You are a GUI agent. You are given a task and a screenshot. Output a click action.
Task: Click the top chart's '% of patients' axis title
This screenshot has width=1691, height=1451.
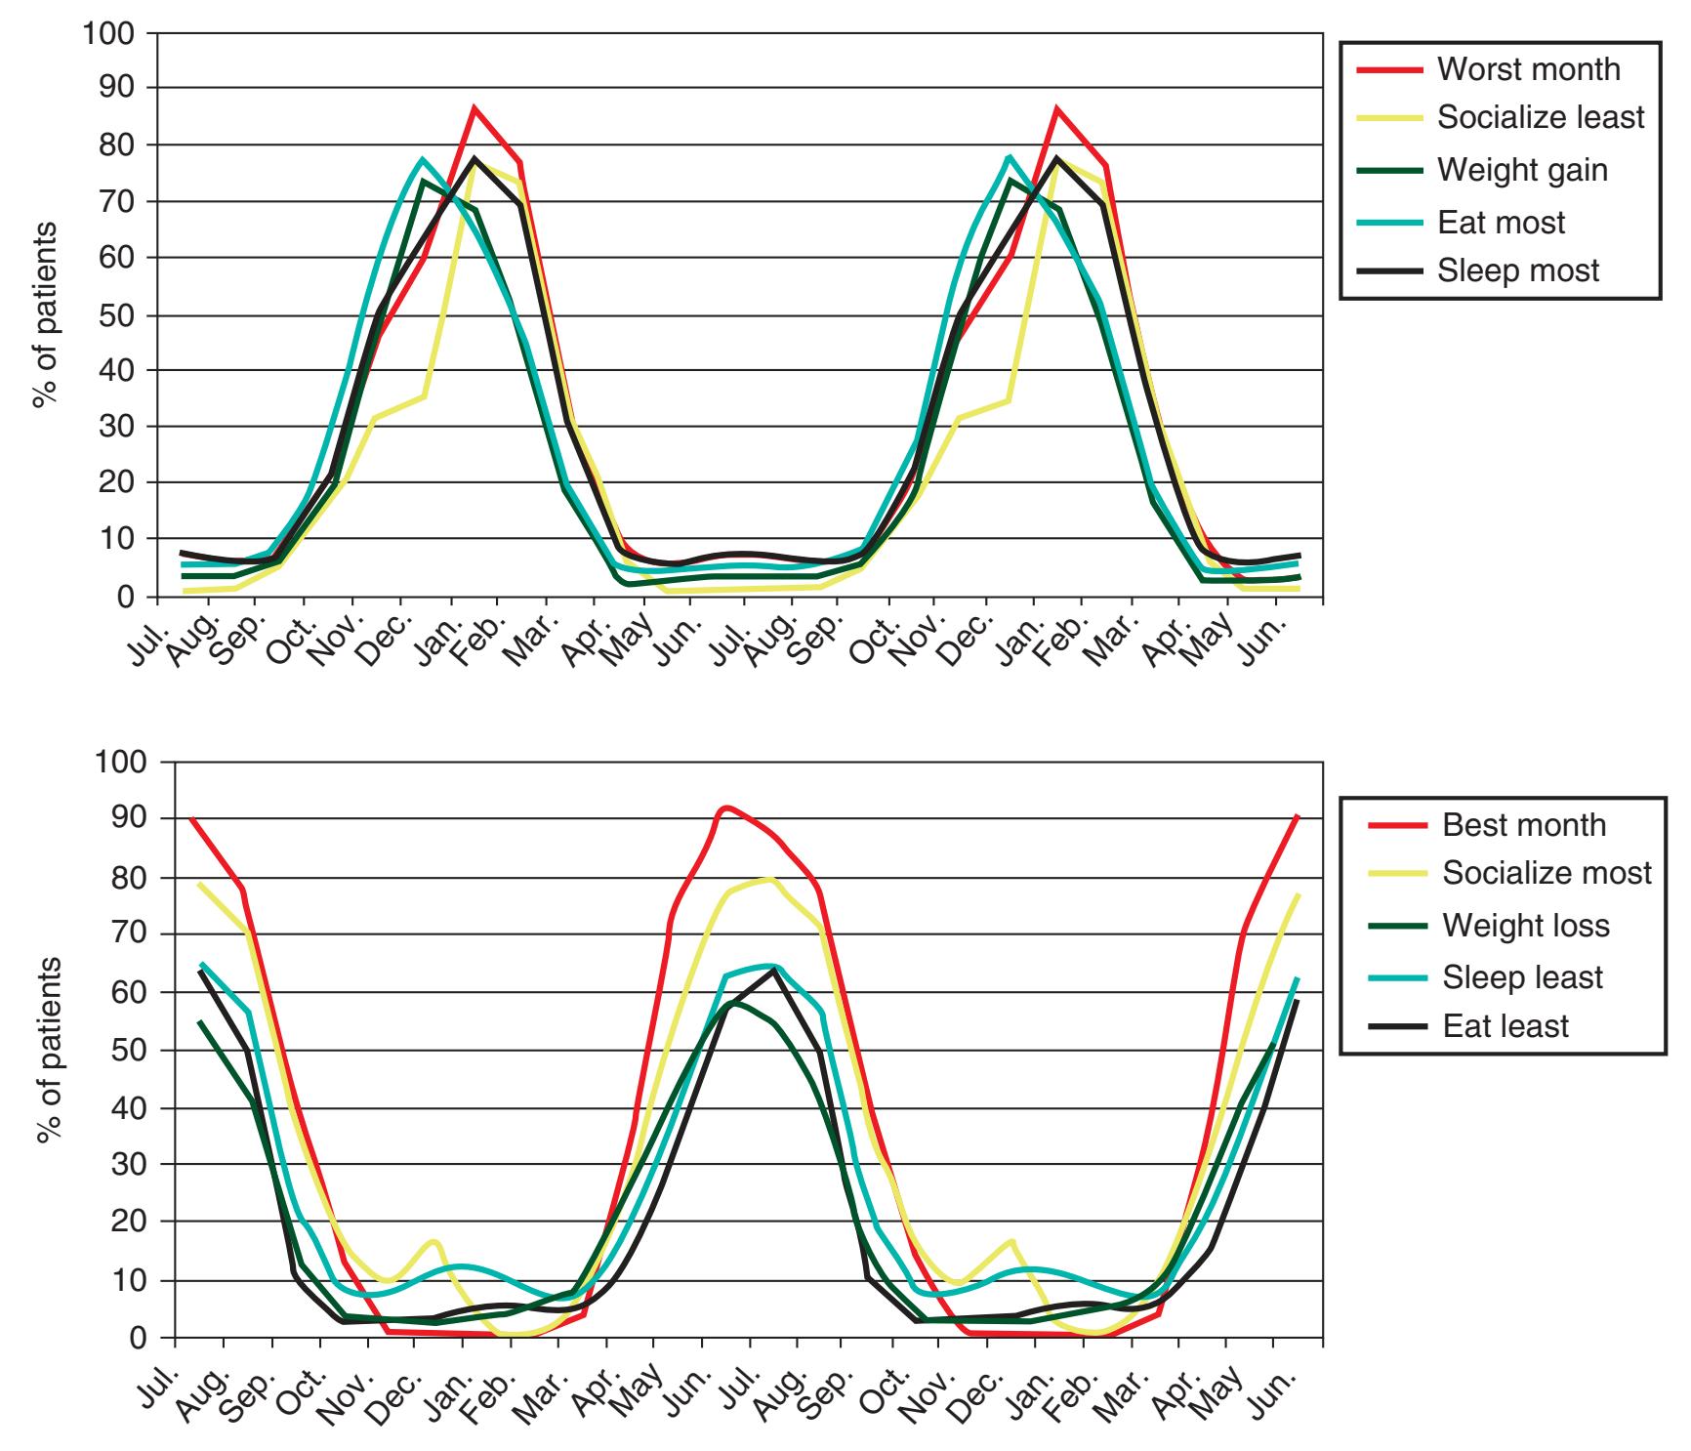coord(43,314)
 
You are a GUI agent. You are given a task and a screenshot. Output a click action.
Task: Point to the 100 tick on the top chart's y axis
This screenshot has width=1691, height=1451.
coord(110,32)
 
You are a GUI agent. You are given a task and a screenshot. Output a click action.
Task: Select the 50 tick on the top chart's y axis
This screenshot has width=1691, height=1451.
coord(118,315)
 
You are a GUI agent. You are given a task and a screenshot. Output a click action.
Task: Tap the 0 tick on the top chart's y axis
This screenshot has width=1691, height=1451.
coord(126,597)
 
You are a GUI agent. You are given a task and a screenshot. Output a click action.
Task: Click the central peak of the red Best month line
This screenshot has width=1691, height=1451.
coord(725,808)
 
